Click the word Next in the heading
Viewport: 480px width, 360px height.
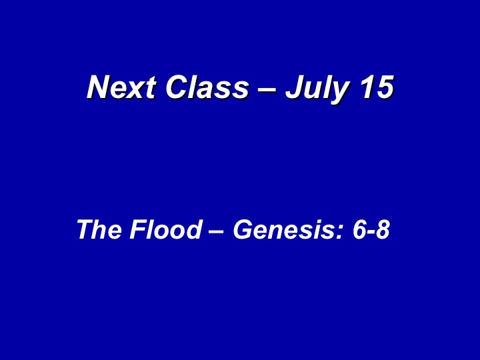pos(122,87)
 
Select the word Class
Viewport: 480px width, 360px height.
pos(207,87)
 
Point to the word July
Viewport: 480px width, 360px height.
pos(317,89)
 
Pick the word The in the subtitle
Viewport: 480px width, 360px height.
pos(99,229)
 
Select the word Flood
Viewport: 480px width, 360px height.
pos(165,229)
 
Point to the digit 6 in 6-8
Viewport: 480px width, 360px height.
pos(359,229)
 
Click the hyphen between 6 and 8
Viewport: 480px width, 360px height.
pos(371,232)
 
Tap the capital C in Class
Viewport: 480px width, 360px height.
pos(177,87)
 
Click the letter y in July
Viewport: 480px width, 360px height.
pos(339,93)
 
